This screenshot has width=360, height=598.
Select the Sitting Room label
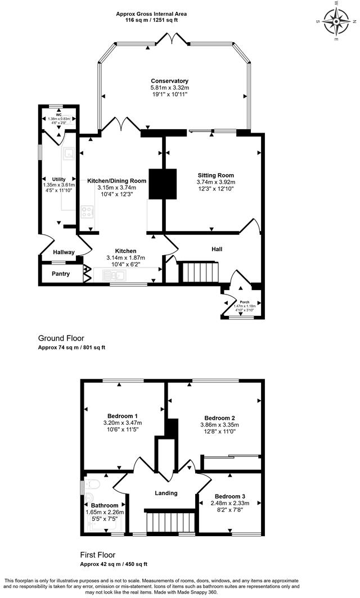(x=215, y=175)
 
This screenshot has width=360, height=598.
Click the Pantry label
(x=61, y=274)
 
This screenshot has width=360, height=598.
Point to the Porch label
(x=245, y=301)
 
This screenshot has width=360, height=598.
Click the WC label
(x=58, y=115)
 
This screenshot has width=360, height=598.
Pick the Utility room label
(x=59, y=179)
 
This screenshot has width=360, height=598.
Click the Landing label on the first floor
(x=166, y=493)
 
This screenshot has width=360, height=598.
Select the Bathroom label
(x=104, y=505)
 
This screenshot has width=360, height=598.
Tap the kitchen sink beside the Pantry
(x=118, y=275)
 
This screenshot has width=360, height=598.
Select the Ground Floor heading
(x=61, y=338)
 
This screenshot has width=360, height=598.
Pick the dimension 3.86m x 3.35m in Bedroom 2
(x=219, y=425)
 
